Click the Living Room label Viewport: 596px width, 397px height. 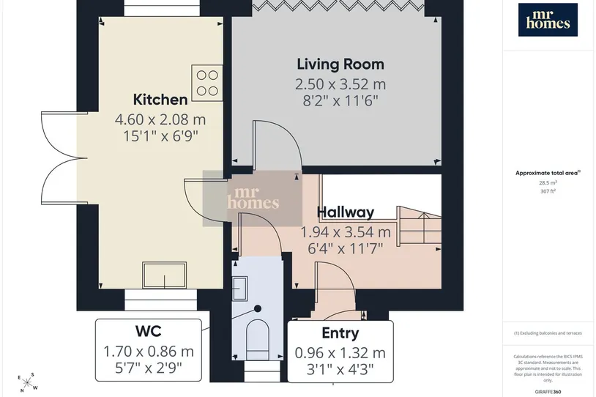(340, 64)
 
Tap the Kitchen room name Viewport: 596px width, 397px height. (160, 100)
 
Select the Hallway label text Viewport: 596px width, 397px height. (346, 212)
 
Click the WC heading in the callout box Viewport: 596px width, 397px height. (148, 331)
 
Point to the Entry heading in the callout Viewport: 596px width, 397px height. (340, 333)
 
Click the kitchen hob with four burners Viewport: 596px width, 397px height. (207, 83)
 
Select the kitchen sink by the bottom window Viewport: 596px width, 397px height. (164, 275)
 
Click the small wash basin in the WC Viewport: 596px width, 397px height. (240, 289)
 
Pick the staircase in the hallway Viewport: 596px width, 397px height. (420, 227)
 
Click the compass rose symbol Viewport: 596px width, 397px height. (27, 382)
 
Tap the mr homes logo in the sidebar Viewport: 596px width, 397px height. (548, 20)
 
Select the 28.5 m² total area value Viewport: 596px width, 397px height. (548, 182)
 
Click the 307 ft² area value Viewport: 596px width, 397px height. (548, 191)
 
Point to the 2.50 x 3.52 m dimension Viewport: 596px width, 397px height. (340, 84)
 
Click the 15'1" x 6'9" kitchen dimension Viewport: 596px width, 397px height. (160, 136)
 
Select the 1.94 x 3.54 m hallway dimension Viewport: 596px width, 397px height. (346, 231)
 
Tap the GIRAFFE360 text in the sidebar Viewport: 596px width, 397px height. (548, 392)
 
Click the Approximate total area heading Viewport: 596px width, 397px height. (547, 173)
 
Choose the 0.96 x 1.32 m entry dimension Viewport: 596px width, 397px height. (340, 353)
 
